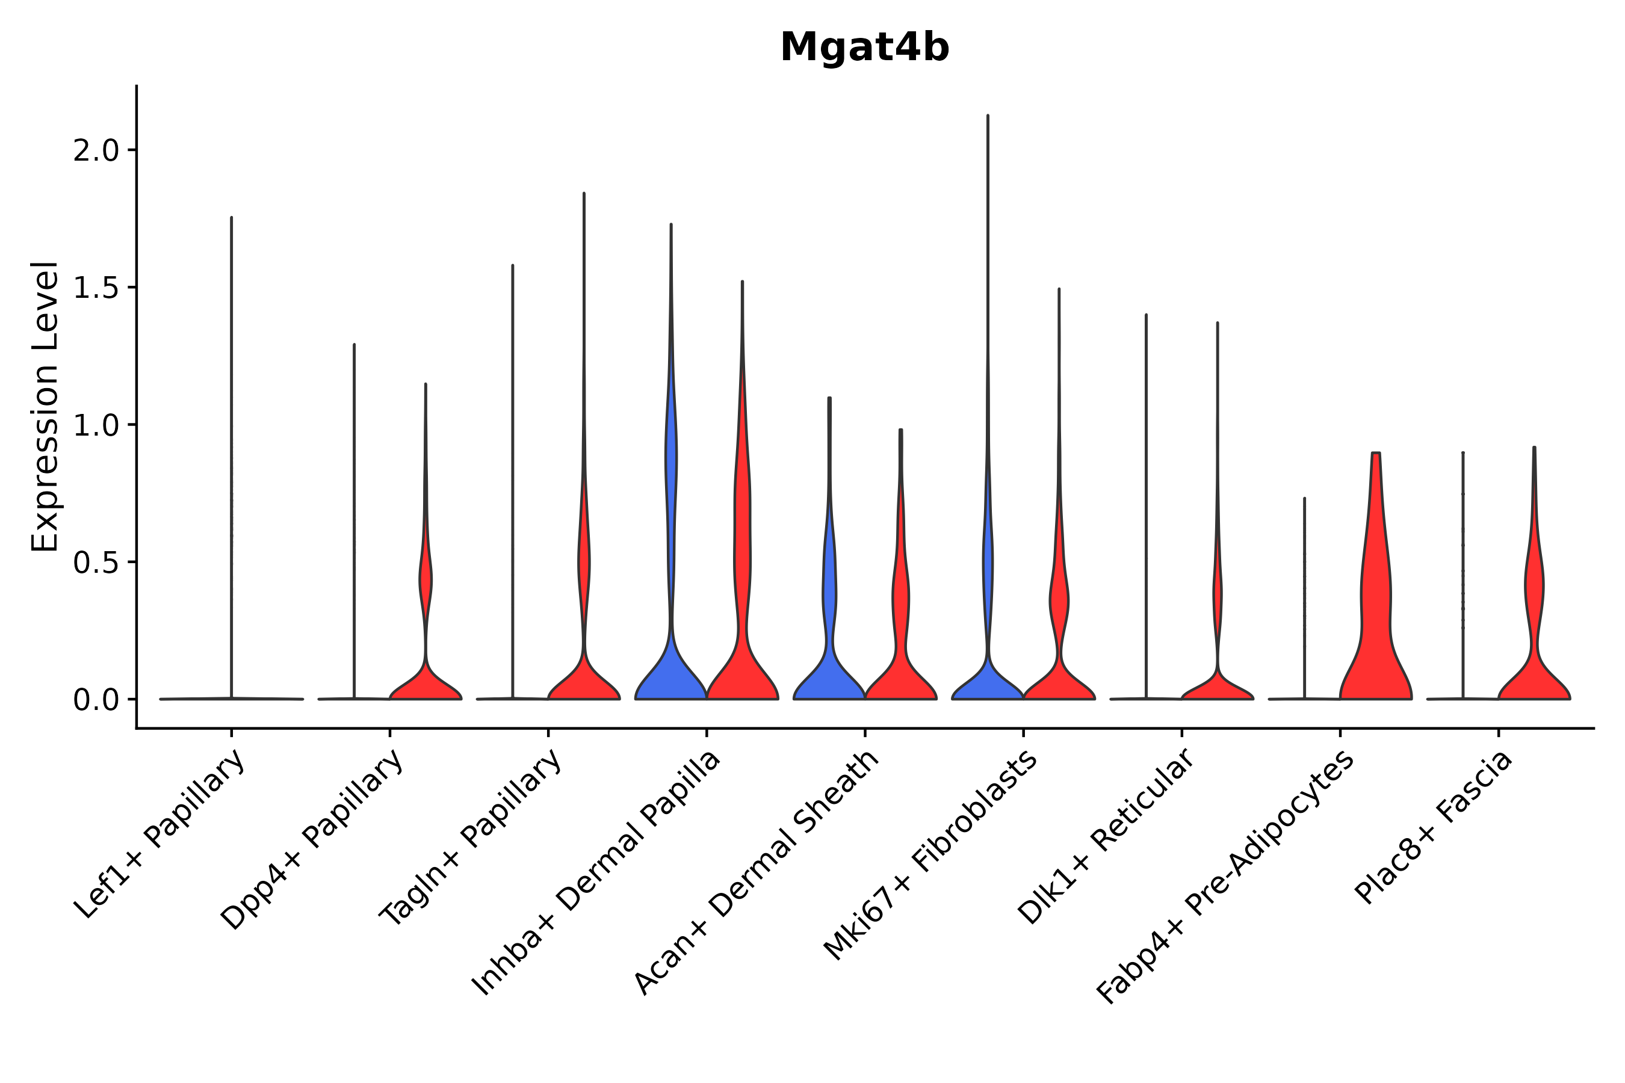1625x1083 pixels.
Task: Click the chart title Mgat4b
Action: point(864,48)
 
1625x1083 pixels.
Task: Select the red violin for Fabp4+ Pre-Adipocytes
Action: point(1375,622)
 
